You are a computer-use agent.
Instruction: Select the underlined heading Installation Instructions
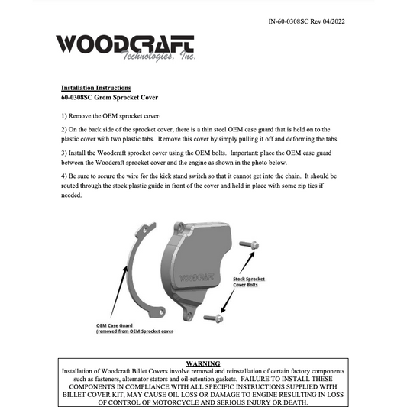point(95,88)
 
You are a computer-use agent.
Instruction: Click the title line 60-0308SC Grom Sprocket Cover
point(111,99)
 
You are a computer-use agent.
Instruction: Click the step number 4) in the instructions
point(65,176)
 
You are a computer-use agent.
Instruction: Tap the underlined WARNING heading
point(203,363)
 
